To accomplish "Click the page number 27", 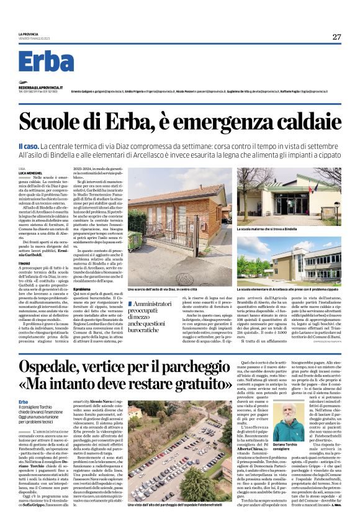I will tap(336, 37).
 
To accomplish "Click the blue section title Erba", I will tap(46, 61).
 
